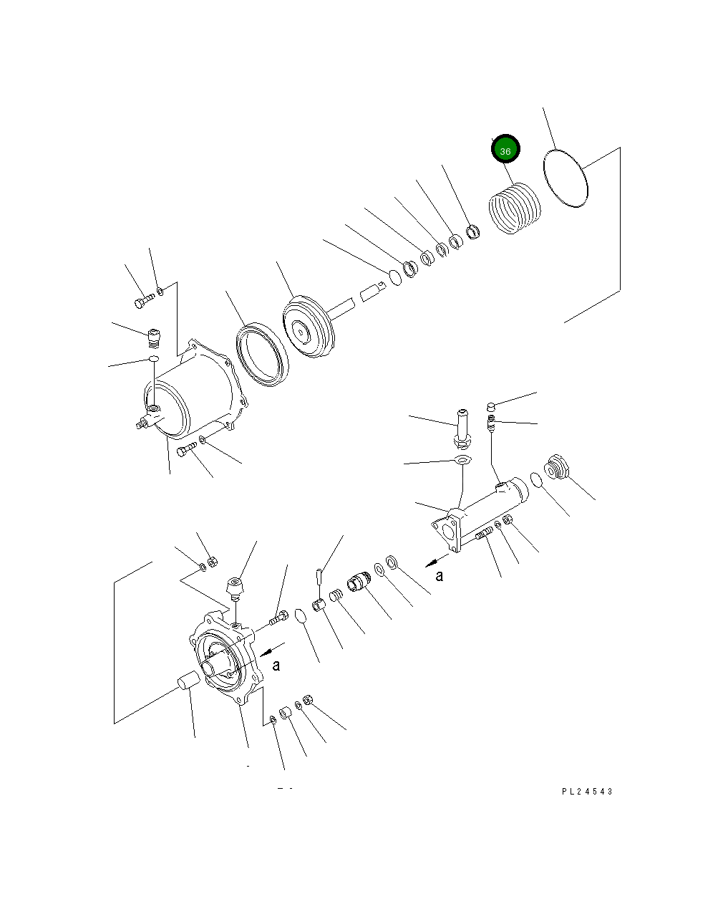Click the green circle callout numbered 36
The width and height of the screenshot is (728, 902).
505,150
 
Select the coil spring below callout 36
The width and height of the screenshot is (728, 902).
515,208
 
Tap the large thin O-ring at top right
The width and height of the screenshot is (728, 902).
566,178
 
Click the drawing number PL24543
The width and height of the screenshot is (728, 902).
587,791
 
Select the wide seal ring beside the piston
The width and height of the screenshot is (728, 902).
261,355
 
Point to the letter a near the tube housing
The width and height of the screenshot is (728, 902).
440,575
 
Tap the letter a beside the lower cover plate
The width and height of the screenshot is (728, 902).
276,666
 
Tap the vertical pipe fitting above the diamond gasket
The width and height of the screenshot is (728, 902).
460,426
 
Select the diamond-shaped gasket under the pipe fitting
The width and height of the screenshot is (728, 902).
463,460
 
